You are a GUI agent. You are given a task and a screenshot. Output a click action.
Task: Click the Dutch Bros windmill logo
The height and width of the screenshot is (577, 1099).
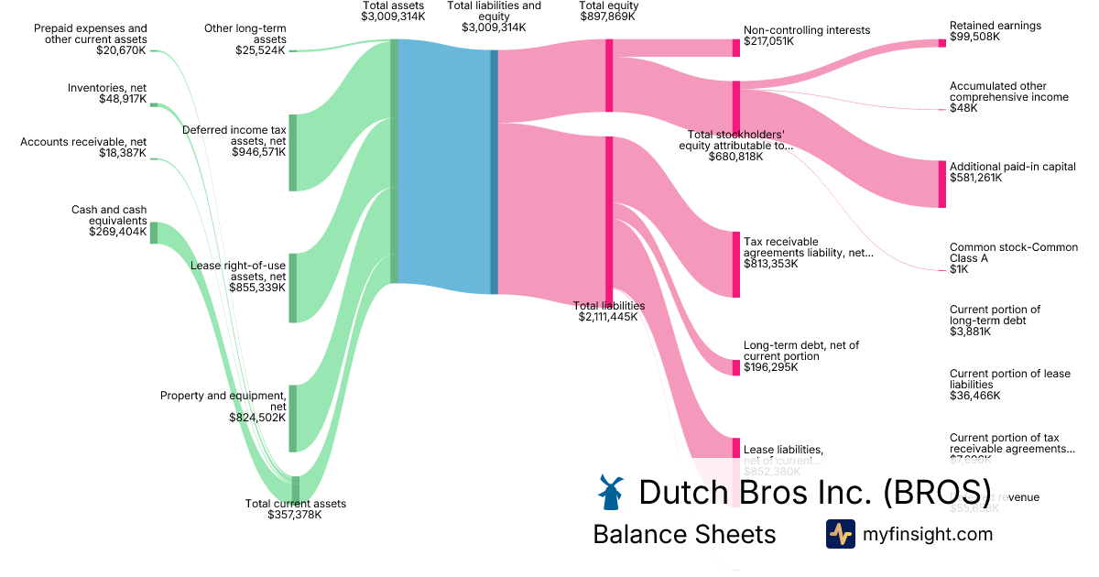609,493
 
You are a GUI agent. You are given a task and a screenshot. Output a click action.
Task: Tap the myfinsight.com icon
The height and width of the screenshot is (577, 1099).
840,534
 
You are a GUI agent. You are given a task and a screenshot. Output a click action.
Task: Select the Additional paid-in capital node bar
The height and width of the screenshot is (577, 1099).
941,184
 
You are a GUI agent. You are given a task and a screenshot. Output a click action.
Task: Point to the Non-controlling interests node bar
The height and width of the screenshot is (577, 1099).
735,48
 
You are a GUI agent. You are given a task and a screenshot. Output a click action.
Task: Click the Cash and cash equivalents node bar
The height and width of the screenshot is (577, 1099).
154,233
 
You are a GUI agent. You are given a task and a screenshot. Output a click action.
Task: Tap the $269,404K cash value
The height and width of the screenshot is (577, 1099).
117,232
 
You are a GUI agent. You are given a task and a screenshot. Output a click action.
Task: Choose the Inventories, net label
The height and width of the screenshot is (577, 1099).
107,88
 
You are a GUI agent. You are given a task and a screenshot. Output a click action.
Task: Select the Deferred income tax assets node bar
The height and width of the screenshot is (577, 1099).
293,153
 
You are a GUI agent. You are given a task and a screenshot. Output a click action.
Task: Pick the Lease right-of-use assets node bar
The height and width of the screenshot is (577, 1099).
293,288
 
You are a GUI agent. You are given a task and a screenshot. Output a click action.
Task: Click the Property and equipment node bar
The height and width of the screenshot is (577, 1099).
293,418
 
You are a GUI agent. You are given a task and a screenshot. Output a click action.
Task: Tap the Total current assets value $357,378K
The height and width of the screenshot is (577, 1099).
295,515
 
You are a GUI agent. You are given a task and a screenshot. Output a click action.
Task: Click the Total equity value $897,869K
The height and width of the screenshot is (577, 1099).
608,16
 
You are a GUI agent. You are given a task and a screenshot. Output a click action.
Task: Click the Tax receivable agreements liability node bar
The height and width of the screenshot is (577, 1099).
735,264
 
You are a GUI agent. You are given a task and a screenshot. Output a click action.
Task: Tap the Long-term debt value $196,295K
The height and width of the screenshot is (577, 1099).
770,367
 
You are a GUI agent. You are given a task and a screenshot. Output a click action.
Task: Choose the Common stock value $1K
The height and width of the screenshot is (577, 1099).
959,269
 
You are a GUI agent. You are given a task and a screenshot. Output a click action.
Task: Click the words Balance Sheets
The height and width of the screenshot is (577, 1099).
684,534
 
